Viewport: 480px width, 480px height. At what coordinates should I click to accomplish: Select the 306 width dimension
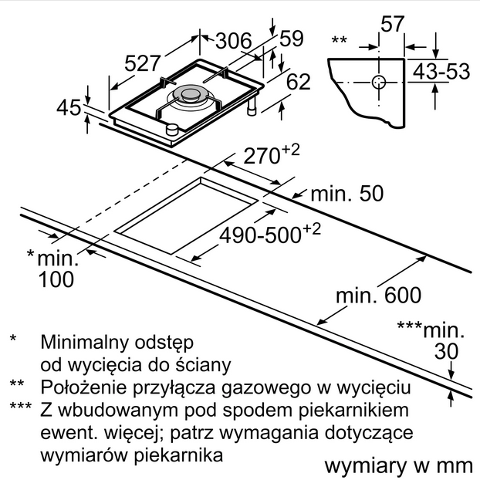point(232,40)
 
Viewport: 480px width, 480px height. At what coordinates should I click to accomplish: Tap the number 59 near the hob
point(291,39)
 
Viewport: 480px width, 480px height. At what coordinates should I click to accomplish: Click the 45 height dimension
point(69,107)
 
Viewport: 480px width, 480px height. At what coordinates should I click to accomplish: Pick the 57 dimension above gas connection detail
point(393,24)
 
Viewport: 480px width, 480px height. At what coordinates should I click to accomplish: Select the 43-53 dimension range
point(441,71)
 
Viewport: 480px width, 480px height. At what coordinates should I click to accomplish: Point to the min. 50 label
point(346,194)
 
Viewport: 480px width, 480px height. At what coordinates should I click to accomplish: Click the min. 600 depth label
point(379,295)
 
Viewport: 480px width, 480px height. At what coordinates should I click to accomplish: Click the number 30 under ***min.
point(446,352)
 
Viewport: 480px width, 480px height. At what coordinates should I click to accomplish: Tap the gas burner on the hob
point(188,96)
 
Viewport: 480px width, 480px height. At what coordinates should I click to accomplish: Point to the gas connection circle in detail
point(379,82)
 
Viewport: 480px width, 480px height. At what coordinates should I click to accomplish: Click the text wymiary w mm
point(397,465)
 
